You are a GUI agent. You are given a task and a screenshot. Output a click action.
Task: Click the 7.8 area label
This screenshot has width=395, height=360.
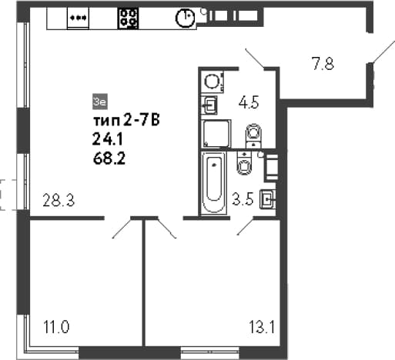(323, 64)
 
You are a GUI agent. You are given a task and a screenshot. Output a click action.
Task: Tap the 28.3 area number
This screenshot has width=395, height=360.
(59, 200)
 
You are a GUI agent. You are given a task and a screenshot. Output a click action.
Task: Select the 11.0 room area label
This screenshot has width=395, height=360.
(56, 327)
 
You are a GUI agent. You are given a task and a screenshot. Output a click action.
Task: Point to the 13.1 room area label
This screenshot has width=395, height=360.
(262, 327)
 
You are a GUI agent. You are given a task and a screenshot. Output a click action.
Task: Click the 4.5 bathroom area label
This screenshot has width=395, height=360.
(249, 102)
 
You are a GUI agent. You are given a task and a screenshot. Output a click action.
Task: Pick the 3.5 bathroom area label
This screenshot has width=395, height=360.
(243, 199)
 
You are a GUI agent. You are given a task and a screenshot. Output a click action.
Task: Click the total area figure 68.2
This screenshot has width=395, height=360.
(109, 159)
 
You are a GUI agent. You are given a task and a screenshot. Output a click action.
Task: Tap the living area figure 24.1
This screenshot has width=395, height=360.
(108, 140)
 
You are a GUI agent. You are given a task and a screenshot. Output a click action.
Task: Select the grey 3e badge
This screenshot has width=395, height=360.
(99, 102)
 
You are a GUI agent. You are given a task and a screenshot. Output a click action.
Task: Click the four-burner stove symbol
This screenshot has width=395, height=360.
(128, 18)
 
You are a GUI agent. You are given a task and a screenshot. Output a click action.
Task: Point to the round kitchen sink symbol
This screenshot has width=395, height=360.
(185, 18)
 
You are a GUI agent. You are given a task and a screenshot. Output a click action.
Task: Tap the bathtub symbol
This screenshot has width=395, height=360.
(214, 182)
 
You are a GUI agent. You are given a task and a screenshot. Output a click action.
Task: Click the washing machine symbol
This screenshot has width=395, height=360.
(213, 82)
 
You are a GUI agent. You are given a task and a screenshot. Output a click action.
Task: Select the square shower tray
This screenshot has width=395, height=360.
(216, 133)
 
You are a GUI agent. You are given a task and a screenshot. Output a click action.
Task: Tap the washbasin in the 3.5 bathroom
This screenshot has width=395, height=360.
(268, 199)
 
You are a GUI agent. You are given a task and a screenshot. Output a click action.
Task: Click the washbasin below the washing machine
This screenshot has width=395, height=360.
(209, 105)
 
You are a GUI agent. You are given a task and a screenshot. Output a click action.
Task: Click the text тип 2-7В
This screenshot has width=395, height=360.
(126, 121)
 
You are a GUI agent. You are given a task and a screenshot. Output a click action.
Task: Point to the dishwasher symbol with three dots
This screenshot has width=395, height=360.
(78, 18)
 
